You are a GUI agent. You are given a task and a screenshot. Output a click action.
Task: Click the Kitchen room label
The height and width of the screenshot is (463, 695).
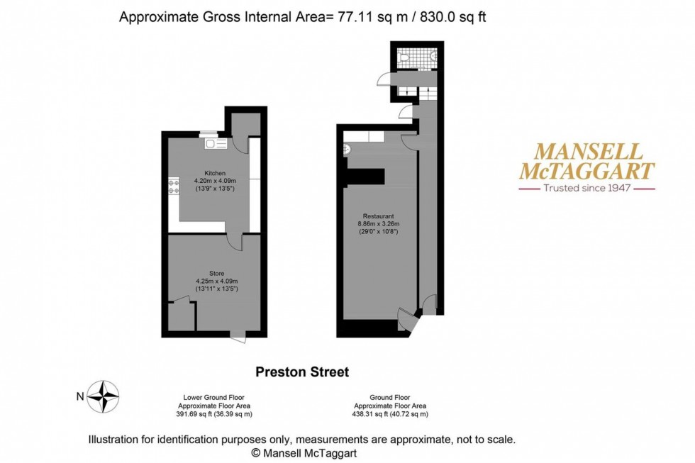tap(215, 173)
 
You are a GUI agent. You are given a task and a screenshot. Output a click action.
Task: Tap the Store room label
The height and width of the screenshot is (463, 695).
tap(216, 272)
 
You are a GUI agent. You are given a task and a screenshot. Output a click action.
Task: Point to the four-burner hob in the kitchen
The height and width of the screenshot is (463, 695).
tap(174, 186)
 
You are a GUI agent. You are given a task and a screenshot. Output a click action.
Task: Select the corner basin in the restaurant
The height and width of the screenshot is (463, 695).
tap(347, 149)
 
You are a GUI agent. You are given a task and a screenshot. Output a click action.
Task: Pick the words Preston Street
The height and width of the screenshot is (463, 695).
tap(301, 372)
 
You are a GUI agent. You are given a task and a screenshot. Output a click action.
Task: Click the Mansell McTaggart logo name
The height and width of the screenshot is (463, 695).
tap(587, 161)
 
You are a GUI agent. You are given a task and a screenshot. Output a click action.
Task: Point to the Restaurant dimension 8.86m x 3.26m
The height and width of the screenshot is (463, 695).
tap(378, 224)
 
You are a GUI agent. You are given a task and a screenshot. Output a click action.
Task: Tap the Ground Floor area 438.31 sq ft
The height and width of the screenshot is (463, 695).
tap(390, 414)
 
